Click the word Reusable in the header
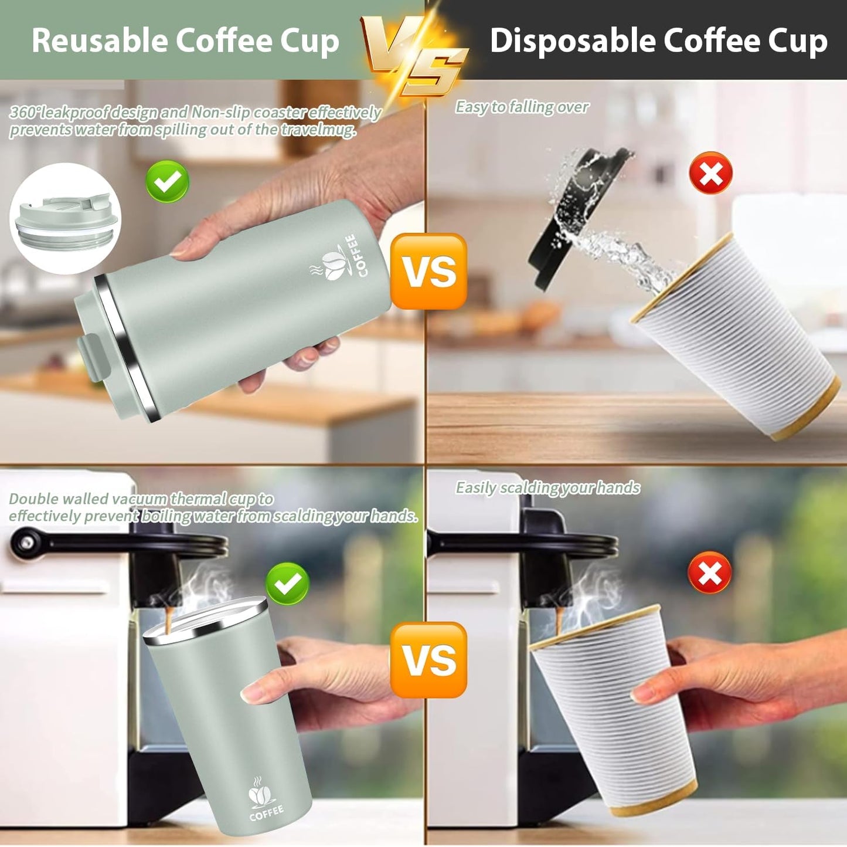pos(100,40)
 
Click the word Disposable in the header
pos(572,40)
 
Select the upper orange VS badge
pos(428,271)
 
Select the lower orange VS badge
pos(428,659)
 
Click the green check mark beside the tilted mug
pos(167,181)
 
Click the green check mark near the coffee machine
pos(287,583)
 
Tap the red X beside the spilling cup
pos(710,173)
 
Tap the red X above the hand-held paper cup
pos(709,572)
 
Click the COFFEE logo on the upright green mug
pos(265,801)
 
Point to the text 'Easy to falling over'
pos(522,107)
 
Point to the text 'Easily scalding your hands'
pos(547,487)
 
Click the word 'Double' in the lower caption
pos(33,499)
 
